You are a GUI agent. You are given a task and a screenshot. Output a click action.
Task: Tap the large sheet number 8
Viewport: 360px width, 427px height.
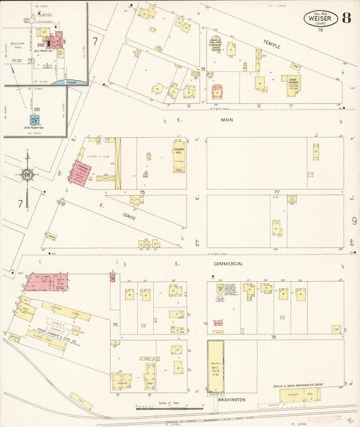click(346, 18)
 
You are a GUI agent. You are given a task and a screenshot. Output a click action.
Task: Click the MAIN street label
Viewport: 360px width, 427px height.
click(226, 120)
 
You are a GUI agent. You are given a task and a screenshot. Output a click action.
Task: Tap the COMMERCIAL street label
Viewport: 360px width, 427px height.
click(228, 263)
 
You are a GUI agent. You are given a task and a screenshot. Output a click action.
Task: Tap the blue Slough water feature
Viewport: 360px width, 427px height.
click(73, 81)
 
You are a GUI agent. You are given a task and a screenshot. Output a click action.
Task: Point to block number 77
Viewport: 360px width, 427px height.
click(277, 193)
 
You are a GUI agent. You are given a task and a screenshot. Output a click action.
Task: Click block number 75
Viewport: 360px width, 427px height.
click(115, 325)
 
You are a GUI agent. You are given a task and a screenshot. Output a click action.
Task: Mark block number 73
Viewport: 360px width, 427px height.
click(142, 193)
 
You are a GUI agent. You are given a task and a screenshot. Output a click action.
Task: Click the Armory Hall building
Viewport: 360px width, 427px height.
click(179, 155)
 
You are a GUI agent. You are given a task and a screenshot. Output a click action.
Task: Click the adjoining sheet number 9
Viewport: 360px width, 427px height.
click(353, 220)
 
